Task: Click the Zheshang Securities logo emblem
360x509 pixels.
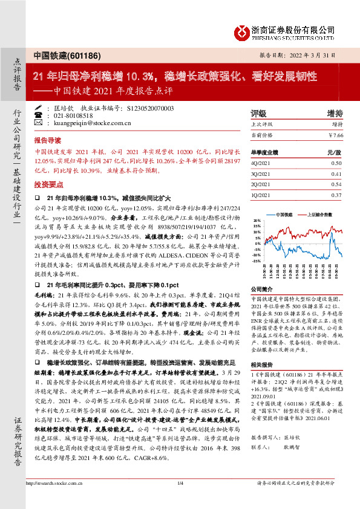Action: pos(241,31)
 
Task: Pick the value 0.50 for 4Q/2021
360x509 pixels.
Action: pos(336,163)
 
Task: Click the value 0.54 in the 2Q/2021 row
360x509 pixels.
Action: pos(336,184)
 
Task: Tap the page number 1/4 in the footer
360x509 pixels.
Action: pos(180,498)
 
